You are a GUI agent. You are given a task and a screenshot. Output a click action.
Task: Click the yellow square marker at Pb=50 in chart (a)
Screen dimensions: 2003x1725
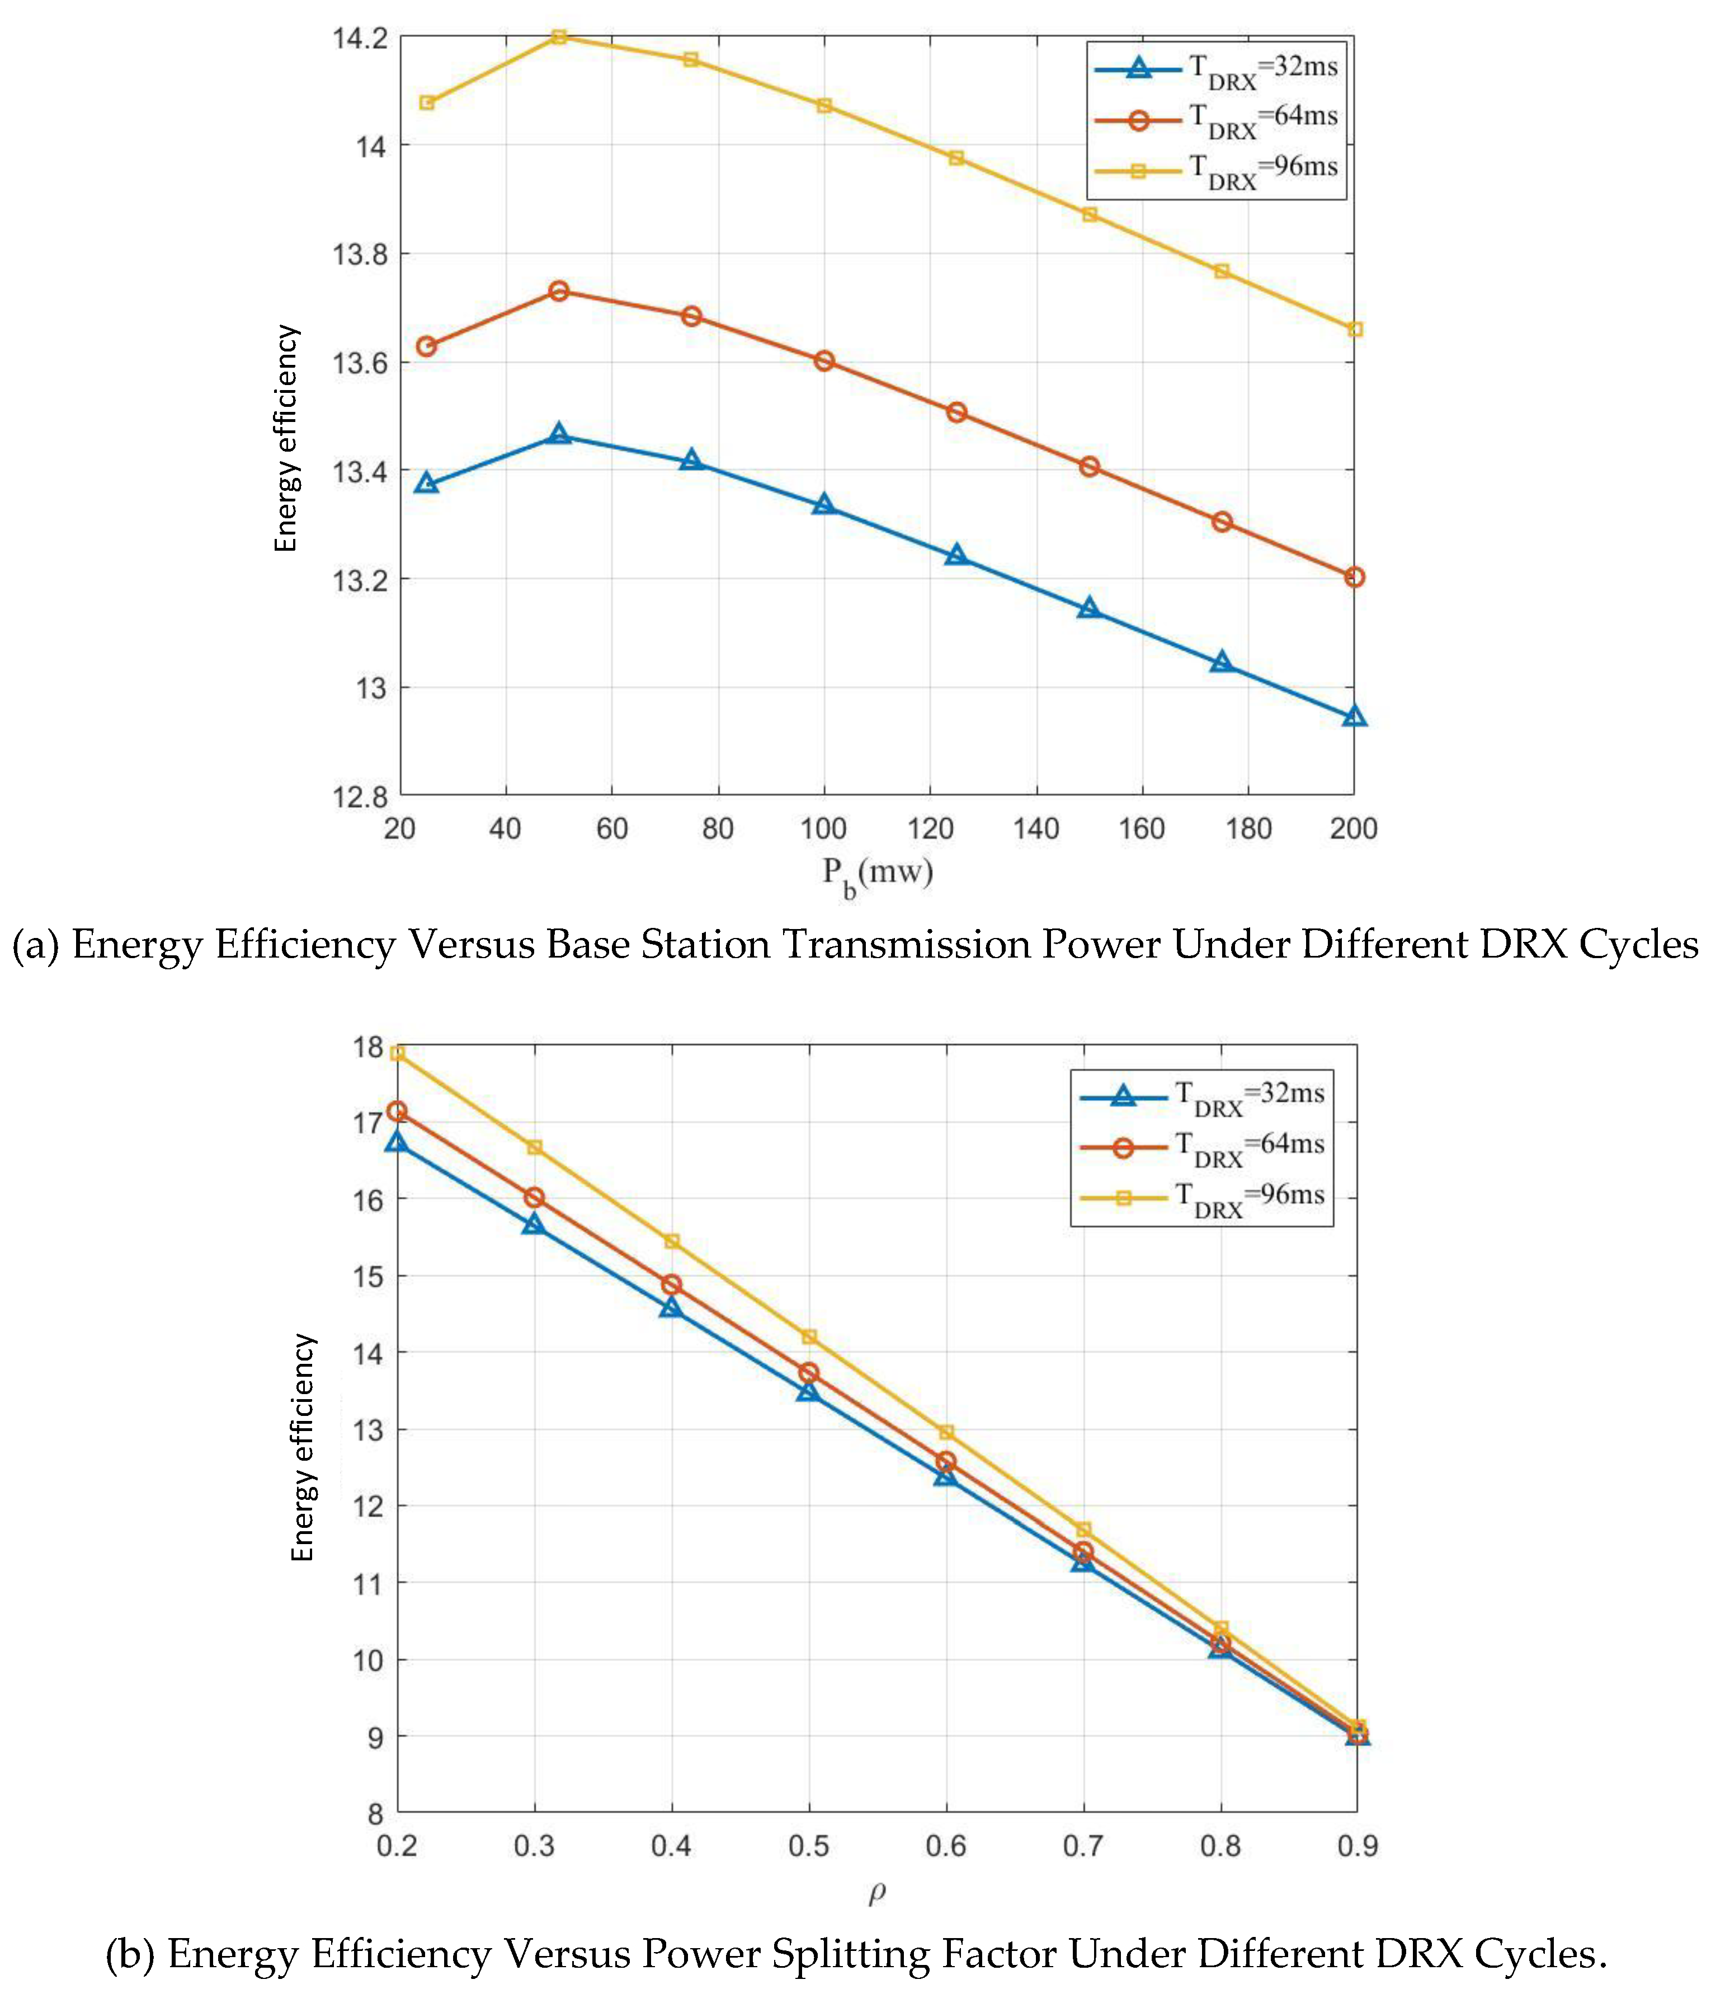coord(559,37)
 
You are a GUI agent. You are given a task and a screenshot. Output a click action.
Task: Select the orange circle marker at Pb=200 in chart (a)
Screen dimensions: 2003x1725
coord(1354,577)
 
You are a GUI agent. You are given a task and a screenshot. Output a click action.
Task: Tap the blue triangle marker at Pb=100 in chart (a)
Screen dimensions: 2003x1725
coord(823,505)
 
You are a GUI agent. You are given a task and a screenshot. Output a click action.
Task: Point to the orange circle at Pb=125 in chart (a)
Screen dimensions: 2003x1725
coord(956,412)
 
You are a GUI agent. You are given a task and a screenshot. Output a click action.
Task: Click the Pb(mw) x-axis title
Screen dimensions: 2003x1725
coord(878,874)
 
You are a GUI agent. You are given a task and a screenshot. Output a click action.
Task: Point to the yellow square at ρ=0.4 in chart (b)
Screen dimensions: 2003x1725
coord(672,1241)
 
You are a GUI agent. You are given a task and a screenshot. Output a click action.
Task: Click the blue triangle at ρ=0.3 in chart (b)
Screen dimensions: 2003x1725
coord(534,1225)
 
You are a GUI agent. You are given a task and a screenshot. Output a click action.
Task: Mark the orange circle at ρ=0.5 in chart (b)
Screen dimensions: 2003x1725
coord(809,1373)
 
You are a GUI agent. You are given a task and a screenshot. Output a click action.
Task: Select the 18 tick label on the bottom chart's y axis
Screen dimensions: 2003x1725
coord(368,1048)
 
